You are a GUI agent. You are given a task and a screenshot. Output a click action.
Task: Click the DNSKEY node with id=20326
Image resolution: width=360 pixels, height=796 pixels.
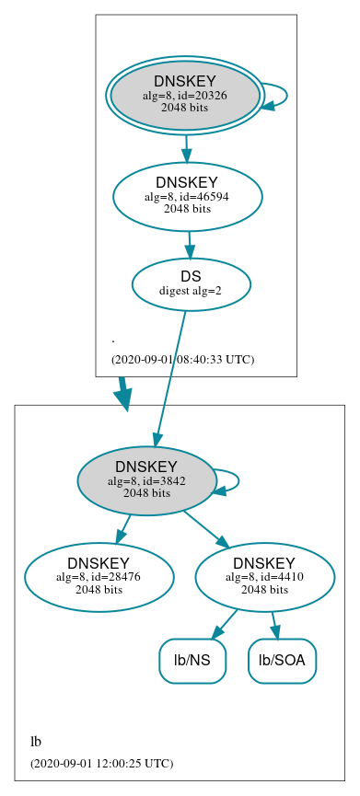(x=184, y=95)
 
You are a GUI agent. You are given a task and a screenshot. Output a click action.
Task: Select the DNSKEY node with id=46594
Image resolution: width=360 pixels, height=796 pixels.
(x=187, y=196)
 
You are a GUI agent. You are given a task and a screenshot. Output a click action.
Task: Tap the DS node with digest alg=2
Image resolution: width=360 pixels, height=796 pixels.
(x=191, y=283)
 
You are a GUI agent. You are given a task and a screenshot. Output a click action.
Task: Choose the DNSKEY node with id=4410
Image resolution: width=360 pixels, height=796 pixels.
(x=264, y=577)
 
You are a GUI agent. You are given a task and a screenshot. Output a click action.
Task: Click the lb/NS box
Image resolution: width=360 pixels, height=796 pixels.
(x=192, y=661)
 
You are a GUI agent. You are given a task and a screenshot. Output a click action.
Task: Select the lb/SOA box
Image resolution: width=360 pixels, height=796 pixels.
(x=282, y=661)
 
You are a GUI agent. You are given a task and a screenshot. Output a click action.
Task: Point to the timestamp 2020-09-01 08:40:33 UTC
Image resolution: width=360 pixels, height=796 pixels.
(x=182, y=359)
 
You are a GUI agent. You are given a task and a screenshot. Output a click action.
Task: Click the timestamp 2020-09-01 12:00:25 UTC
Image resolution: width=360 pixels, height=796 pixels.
(x=101, y=763)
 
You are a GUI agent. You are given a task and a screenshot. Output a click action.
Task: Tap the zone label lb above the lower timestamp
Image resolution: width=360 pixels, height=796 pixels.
(x=36, y=742)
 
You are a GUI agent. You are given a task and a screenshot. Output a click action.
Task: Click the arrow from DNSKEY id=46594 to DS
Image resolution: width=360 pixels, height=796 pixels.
(x=189, y=244)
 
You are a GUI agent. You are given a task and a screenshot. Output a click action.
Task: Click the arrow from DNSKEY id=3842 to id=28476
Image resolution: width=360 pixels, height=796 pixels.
(x=123, y=528)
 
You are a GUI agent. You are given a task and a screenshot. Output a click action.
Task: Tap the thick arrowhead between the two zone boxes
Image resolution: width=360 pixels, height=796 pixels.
(x=122, y=397)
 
